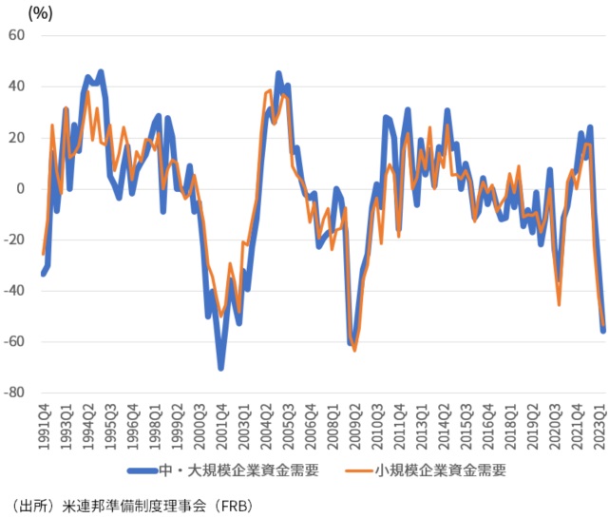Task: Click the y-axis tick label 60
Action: click(x=18, y=35)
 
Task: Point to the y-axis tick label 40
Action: click(x=18, y=86)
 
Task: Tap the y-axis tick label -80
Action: click(x=16, y=393)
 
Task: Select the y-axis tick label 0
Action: click(x=22, y=188)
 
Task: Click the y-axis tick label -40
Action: click(x=16, y=291)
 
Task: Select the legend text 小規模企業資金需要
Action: click(x=440, y=469)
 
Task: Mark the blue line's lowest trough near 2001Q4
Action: click(x=220, y=368)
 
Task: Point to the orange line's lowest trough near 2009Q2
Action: click(x=355, y=350)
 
